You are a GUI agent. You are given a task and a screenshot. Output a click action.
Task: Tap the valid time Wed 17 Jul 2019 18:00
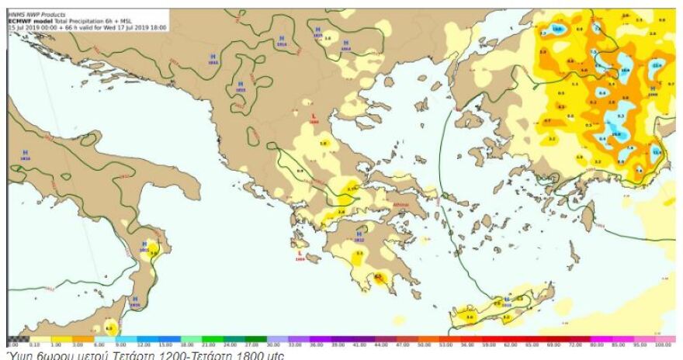coord(139,26)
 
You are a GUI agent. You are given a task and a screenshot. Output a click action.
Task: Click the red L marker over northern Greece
coord(313,117)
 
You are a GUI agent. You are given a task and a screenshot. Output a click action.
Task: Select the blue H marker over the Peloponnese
coord(358,232)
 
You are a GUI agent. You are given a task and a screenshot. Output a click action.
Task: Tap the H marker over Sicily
coord(135,299)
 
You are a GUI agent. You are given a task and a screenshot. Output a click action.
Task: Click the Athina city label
coord(400,205)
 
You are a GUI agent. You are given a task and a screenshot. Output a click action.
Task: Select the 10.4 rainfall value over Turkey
coord(625,71)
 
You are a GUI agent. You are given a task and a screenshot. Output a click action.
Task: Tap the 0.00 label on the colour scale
coord(12,343)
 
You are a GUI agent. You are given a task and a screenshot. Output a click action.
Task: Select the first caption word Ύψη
coord(17,355)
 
